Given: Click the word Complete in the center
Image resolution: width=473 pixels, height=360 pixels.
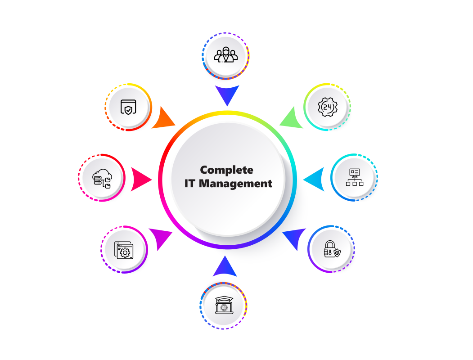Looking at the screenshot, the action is click(226, 171).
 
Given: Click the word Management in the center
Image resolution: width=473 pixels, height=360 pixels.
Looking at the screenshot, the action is click(235, 184).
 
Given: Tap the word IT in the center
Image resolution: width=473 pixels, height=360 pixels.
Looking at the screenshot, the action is click(190, 183).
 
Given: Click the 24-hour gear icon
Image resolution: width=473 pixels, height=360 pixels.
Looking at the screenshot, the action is click(328, 107).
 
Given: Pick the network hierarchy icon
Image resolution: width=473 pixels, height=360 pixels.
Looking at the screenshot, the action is click(355, 177).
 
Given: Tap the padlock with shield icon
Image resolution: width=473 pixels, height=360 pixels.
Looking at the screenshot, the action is click(332, 249).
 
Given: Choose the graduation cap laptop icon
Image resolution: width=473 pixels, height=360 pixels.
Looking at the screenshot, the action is click(224, 305).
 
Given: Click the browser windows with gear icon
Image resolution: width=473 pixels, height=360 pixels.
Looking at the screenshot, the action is click(124, 250).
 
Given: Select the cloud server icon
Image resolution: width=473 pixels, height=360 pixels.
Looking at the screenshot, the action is click(102, 179).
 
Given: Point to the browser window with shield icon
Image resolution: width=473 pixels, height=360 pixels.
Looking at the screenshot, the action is click(128, 107).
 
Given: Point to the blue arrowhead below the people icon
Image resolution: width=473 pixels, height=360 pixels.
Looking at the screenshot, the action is click(227, 94).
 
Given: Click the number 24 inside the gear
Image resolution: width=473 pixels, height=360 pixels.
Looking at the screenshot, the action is click(328, 107).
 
